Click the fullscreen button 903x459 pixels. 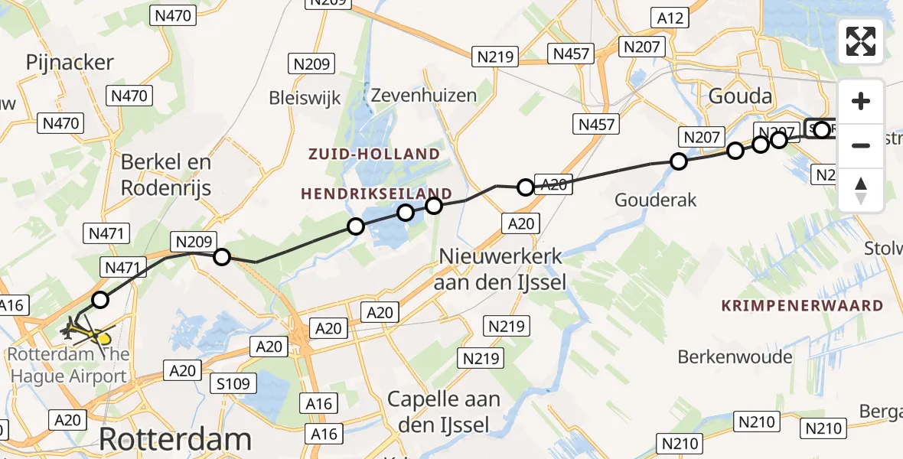coord(861,41)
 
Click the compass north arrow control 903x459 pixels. coord(861,190)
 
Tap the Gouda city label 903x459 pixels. coord(741,97)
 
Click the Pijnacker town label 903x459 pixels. coord(70,63)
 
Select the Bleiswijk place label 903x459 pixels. coord(305,97)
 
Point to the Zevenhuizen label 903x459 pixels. coord(423,96)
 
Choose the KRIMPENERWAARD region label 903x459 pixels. coord(802,306)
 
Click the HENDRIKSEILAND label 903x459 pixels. coord(377,194)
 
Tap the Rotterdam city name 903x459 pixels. coord(175,439)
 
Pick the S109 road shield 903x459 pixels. coord(233,383)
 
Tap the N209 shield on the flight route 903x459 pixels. coord(194,242)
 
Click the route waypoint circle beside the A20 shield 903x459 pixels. coord(525,187)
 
